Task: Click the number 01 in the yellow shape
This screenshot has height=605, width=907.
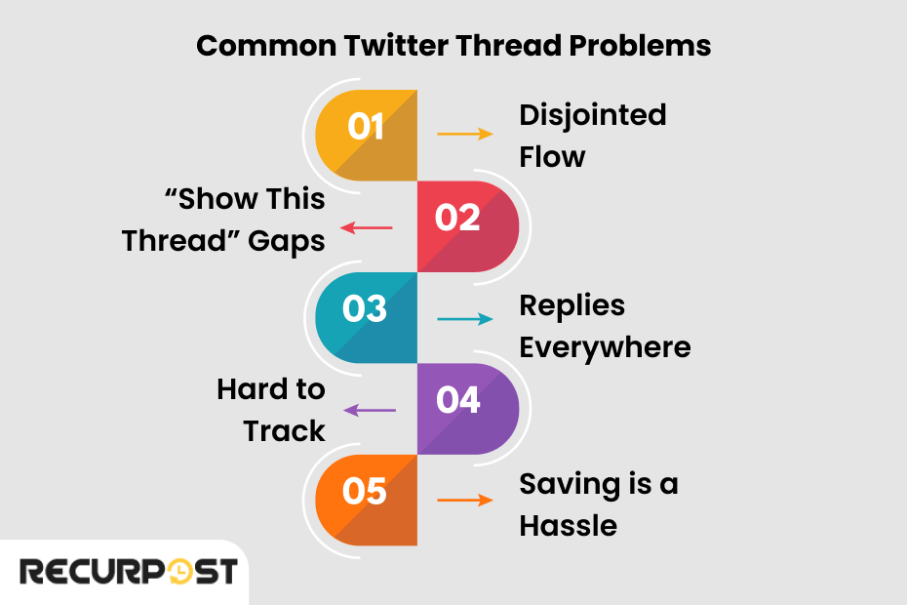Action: tap(366, 127)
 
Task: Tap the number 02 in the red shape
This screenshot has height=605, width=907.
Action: tap(458, 218)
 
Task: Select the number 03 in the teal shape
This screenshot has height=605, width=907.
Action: tap(366, 308)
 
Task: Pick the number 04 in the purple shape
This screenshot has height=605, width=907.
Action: tap(458, 400)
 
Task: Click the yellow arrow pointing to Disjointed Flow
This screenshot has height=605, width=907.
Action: tap(464, 134)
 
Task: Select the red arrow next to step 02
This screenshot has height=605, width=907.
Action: tap(366, 228)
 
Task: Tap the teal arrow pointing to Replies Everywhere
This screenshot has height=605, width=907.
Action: tap(464, 319)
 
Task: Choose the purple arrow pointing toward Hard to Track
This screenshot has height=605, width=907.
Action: tap(370, 411)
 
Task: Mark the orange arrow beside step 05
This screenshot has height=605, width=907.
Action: tap(464, 501)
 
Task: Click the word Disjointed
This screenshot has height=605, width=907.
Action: tap(592, 115)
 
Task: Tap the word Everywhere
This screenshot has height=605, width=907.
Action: tap(605, 347)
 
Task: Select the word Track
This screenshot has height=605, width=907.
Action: tap(284, 430)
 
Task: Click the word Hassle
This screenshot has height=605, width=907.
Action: tap(568, 526)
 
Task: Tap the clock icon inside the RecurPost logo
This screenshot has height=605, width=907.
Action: tap(181, 572)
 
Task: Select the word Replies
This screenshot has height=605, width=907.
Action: tap(572, 305)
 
